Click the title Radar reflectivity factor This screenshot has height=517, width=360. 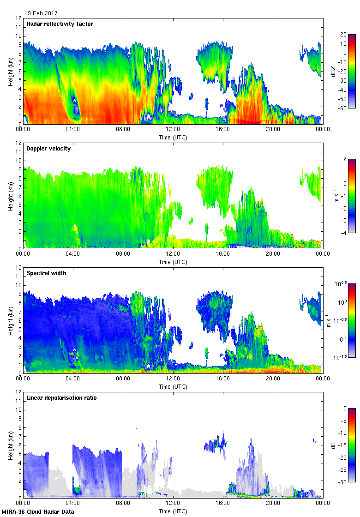pos(60,24)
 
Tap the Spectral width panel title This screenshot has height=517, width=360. pos(46,273)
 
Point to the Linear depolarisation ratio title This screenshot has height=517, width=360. pos(61,397)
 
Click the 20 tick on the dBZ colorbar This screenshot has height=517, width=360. pos(344,35)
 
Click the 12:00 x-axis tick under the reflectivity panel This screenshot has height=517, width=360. pos(173,130)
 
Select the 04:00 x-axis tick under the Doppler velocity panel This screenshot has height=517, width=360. pos(73,254)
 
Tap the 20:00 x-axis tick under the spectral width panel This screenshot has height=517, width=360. pos(273,379)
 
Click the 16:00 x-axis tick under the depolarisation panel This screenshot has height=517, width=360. pos(223,504)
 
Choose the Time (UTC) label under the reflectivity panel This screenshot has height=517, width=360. pos(173,137)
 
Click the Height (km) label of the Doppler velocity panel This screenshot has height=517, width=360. pos(10,195)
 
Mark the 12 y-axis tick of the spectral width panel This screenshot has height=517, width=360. pos(19,268)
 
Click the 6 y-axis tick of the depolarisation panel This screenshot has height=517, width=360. pos(20,445)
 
